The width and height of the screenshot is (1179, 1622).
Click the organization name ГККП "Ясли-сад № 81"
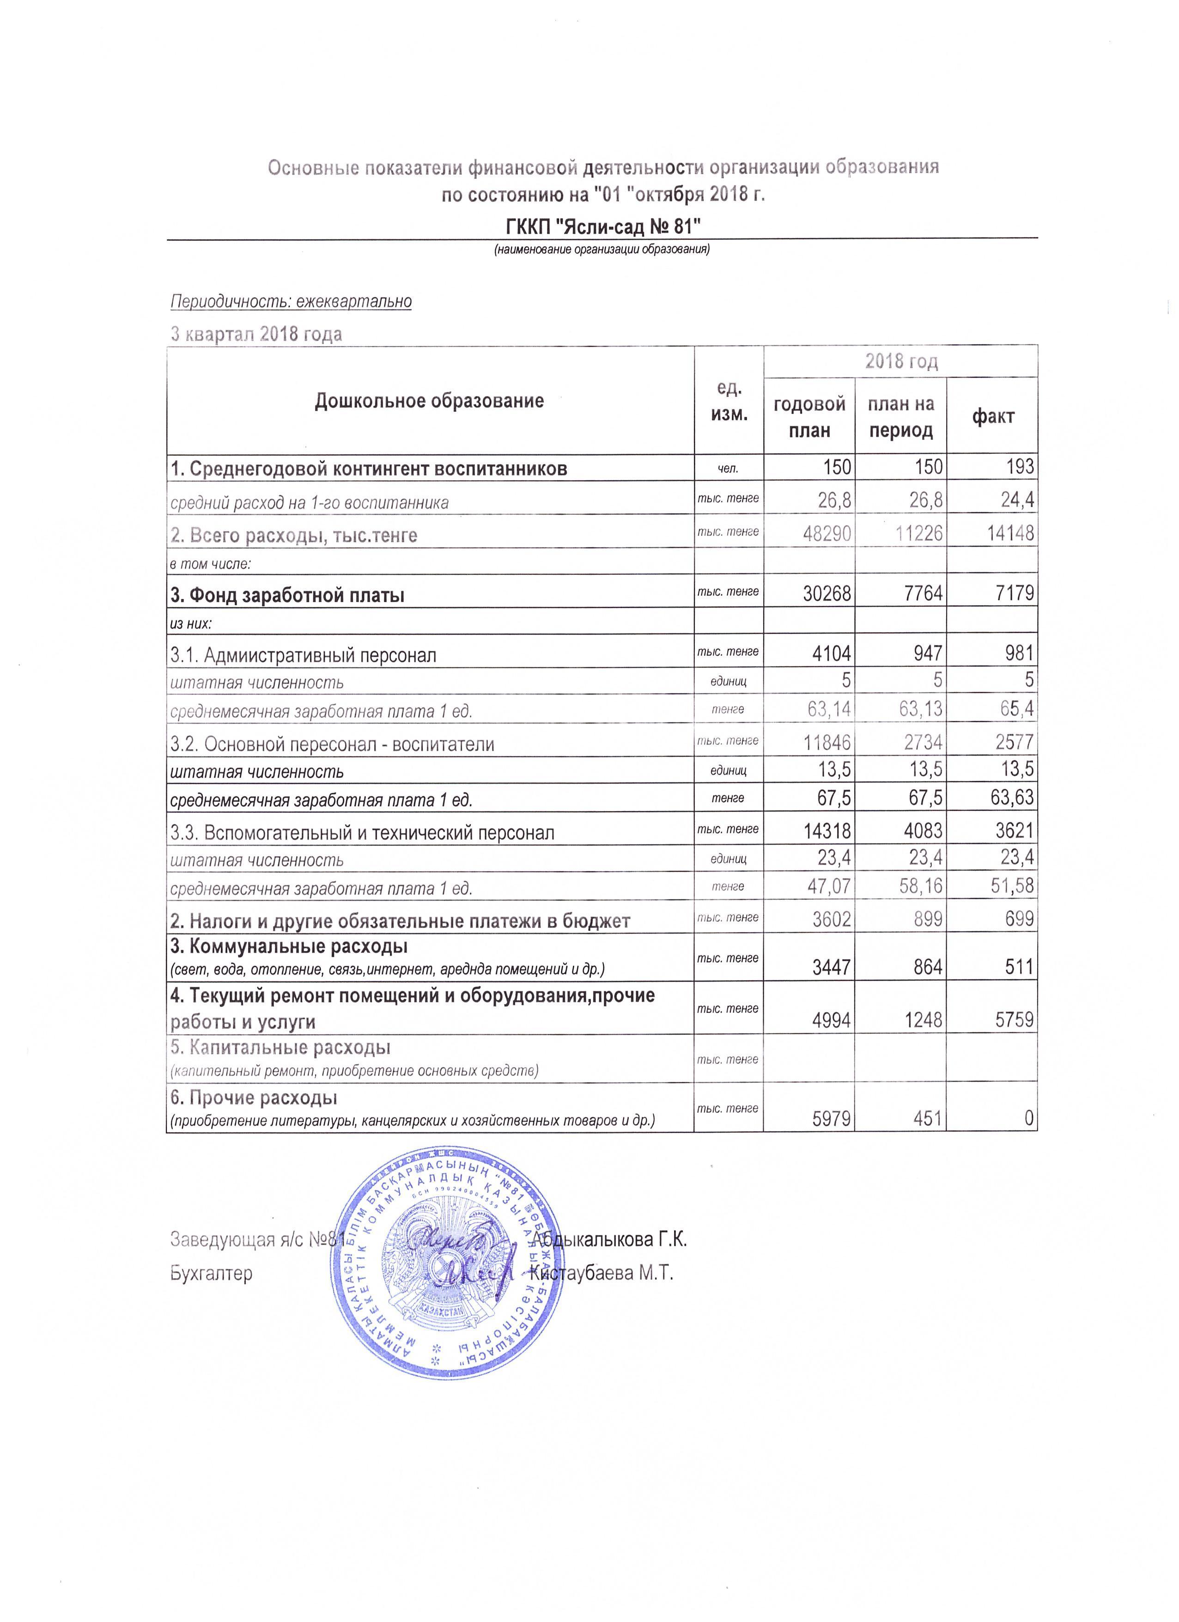pos(602,227)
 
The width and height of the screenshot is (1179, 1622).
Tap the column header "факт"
pos(992,416)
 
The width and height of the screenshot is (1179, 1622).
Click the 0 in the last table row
pos(1029,1118)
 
